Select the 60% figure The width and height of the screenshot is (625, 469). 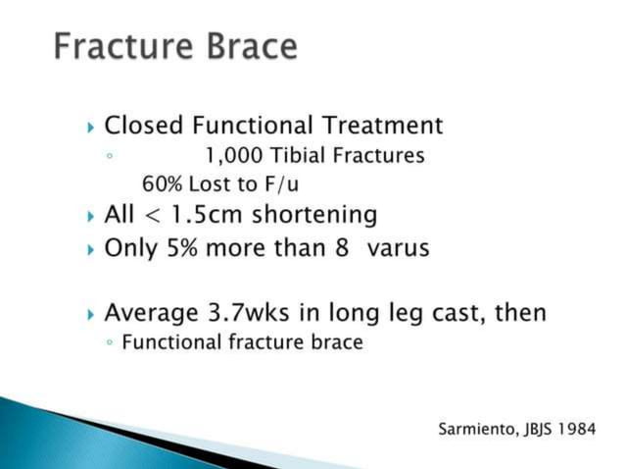pyautogui.click(x=162, y=183)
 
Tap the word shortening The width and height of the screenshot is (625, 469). pyautogui.click(x=319, y=215)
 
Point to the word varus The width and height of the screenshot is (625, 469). pyautogui.click(x=398, y=247)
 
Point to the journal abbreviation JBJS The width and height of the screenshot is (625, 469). pyautogui.click(x=530, y=430)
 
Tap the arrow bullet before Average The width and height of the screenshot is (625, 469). pyautogui.click(x=91, y=314)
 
